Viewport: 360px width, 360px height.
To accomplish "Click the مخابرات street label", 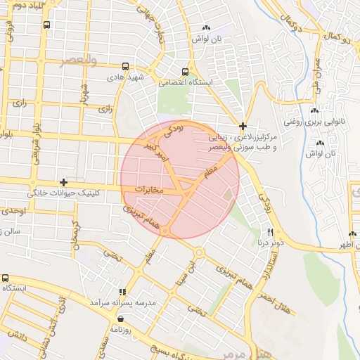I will (148, 190).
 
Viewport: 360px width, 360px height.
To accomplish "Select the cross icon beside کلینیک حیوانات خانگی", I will (64, 182).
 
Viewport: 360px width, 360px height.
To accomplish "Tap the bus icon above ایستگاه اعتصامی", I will (186, 72).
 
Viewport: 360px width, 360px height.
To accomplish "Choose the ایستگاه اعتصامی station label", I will (186, 82).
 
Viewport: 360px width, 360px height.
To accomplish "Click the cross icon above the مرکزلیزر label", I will (243, 127).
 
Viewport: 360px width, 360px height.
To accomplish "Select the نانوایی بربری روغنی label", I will (314, 121).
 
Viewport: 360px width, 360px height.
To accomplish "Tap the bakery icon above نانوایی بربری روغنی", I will (314, 111).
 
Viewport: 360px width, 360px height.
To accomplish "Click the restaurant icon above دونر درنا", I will (270, 232).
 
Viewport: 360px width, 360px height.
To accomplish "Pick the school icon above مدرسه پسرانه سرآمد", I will (122, 292).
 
